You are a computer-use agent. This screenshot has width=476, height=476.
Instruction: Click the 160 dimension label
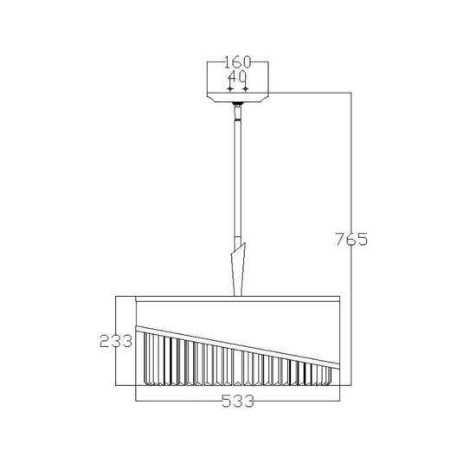coord(238,62)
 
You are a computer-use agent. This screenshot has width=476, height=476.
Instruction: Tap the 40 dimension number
coord(237,77)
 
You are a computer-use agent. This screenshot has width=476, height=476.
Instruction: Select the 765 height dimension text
coord(351,239)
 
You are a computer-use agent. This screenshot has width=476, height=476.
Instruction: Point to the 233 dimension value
coord(116,341)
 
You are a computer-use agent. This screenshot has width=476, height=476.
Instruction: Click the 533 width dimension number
coord(237,401)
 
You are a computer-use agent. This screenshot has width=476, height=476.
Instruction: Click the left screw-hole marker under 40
coord(230,88)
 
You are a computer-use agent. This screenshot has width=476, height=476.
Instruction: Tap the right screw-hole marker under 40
coord(246,88)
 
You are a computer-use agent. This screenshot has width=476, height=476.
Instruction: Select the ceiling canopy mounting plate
coord(238,97)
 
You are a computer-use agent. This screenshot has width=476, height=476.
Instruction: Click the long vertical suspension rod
coord(237,179)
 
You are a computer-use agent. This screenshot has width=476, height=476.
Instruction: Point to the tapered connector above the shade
coord(238,270)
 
